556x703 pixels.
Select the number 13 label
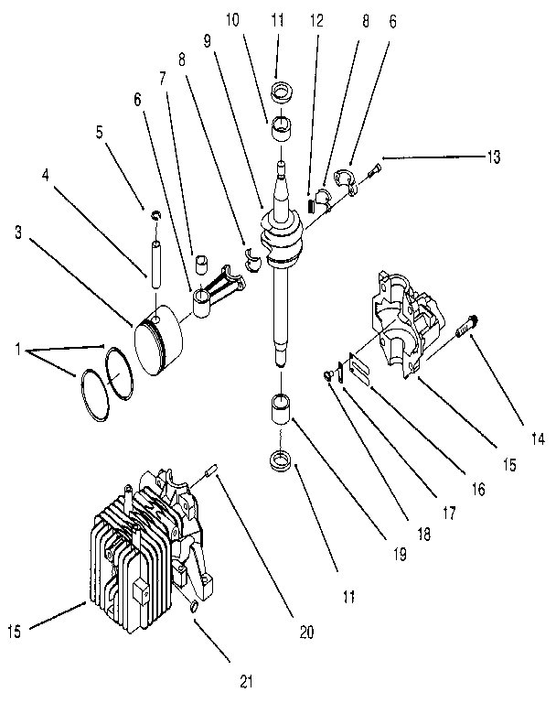tap(493, 157)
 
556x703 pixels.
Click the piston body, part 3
tap(160, 342)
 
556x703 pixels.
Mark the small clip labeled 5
tap(155, 215)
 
